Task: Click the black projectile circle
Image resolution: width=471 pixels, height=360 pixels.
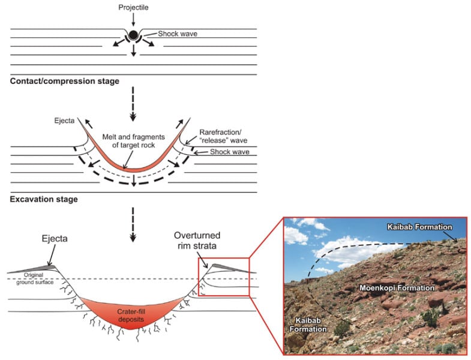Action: [134, 34]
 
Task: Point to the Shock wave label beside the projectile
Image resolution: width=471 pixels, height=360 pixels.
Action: [178, 34]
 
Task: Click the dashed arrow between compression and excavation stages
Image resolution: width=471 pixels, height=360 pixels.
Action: [134, 102]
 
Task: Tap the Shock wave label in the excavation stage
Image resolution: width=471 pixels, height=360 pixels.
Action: [230, 152]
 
